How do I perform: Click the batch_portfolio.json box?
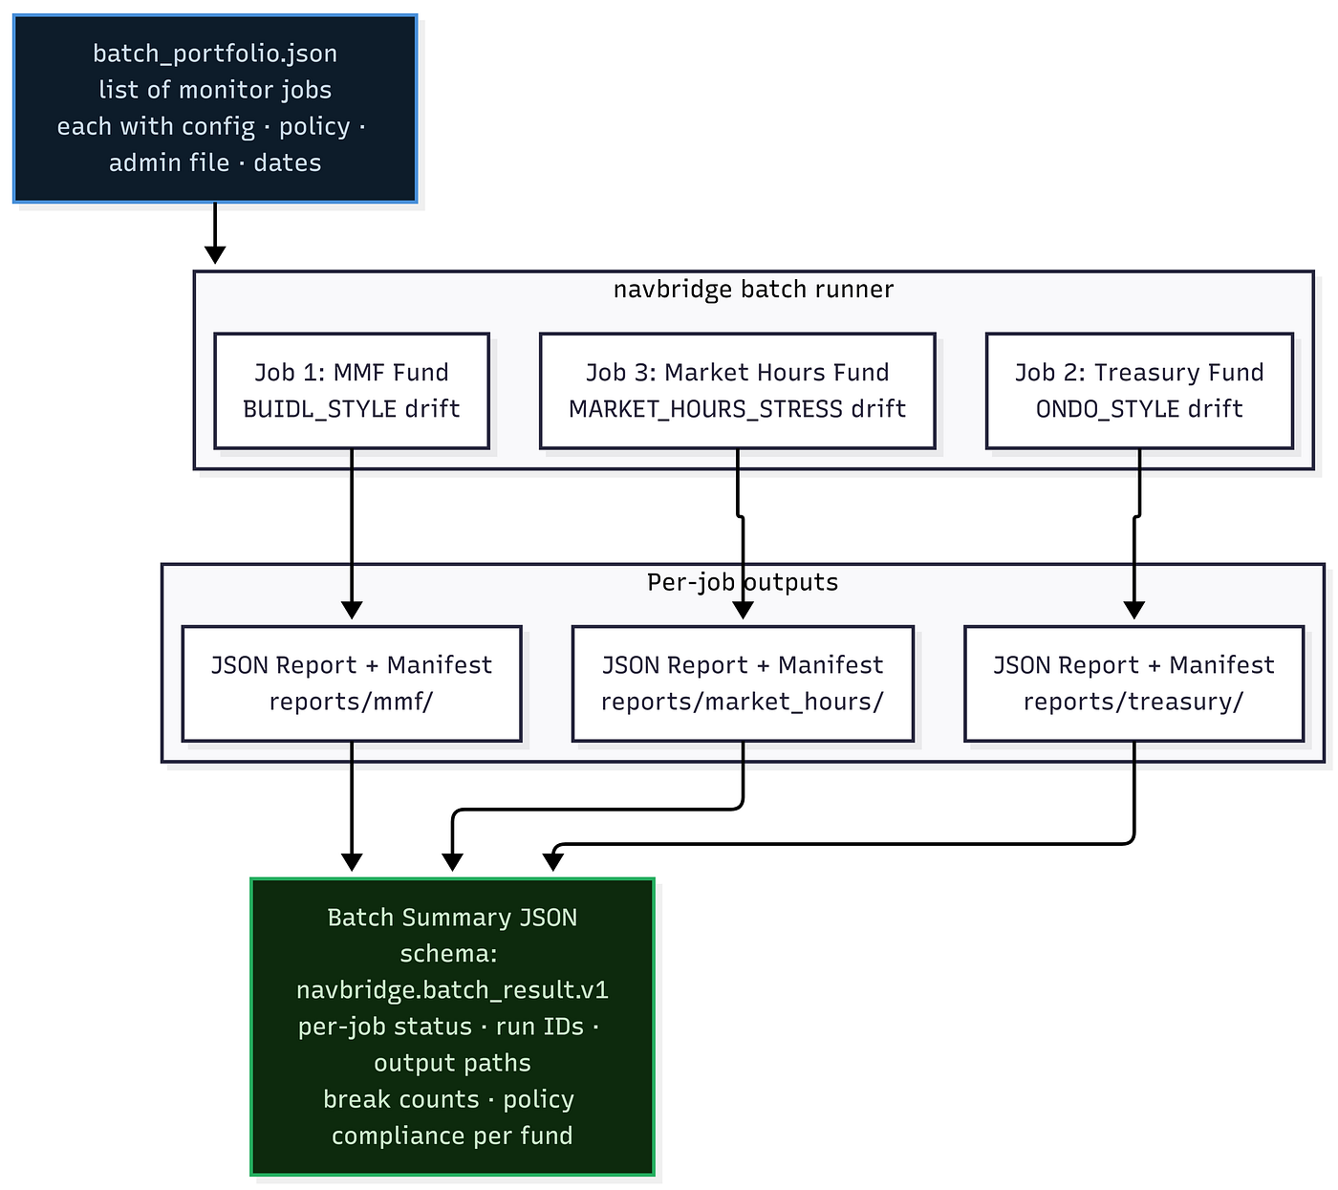(215, 108)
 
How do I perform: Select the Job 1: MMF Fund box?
(352, 391)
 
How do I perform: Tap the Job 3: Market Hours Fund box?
(737, 391)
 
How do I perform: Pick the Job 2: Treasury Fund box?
(1139, 391)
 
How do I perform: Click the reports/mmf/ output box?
(352, 683)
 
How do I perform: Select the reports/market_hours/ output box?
(743, 683)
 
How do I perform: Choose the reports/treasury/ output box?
(1133, 683)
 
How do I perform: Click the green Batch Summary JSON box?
(452, 1027)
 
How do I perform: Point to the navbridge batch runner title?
(753, 290)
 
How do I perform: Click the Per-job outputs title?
(743, 582)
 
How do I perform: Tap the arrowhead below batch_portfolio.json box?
(215, 255)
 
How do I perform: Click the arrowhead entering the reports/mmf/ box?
(352, 610)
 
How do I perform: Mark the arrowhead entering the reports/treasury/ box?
(1133, 610)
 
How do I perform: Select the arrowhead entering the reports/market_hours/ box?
(743, 610)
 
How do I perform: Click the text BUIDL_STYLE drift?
(352, 409)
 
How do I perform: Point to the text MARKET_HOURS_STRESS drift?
(737, 409)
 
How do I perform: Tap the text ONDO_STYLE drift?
(1139, 409)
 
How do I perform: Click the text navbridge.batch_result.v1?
(452, 990)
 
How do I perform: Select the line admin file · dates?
(215, 162)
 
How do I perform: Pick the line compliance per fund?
(452, 1136)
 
